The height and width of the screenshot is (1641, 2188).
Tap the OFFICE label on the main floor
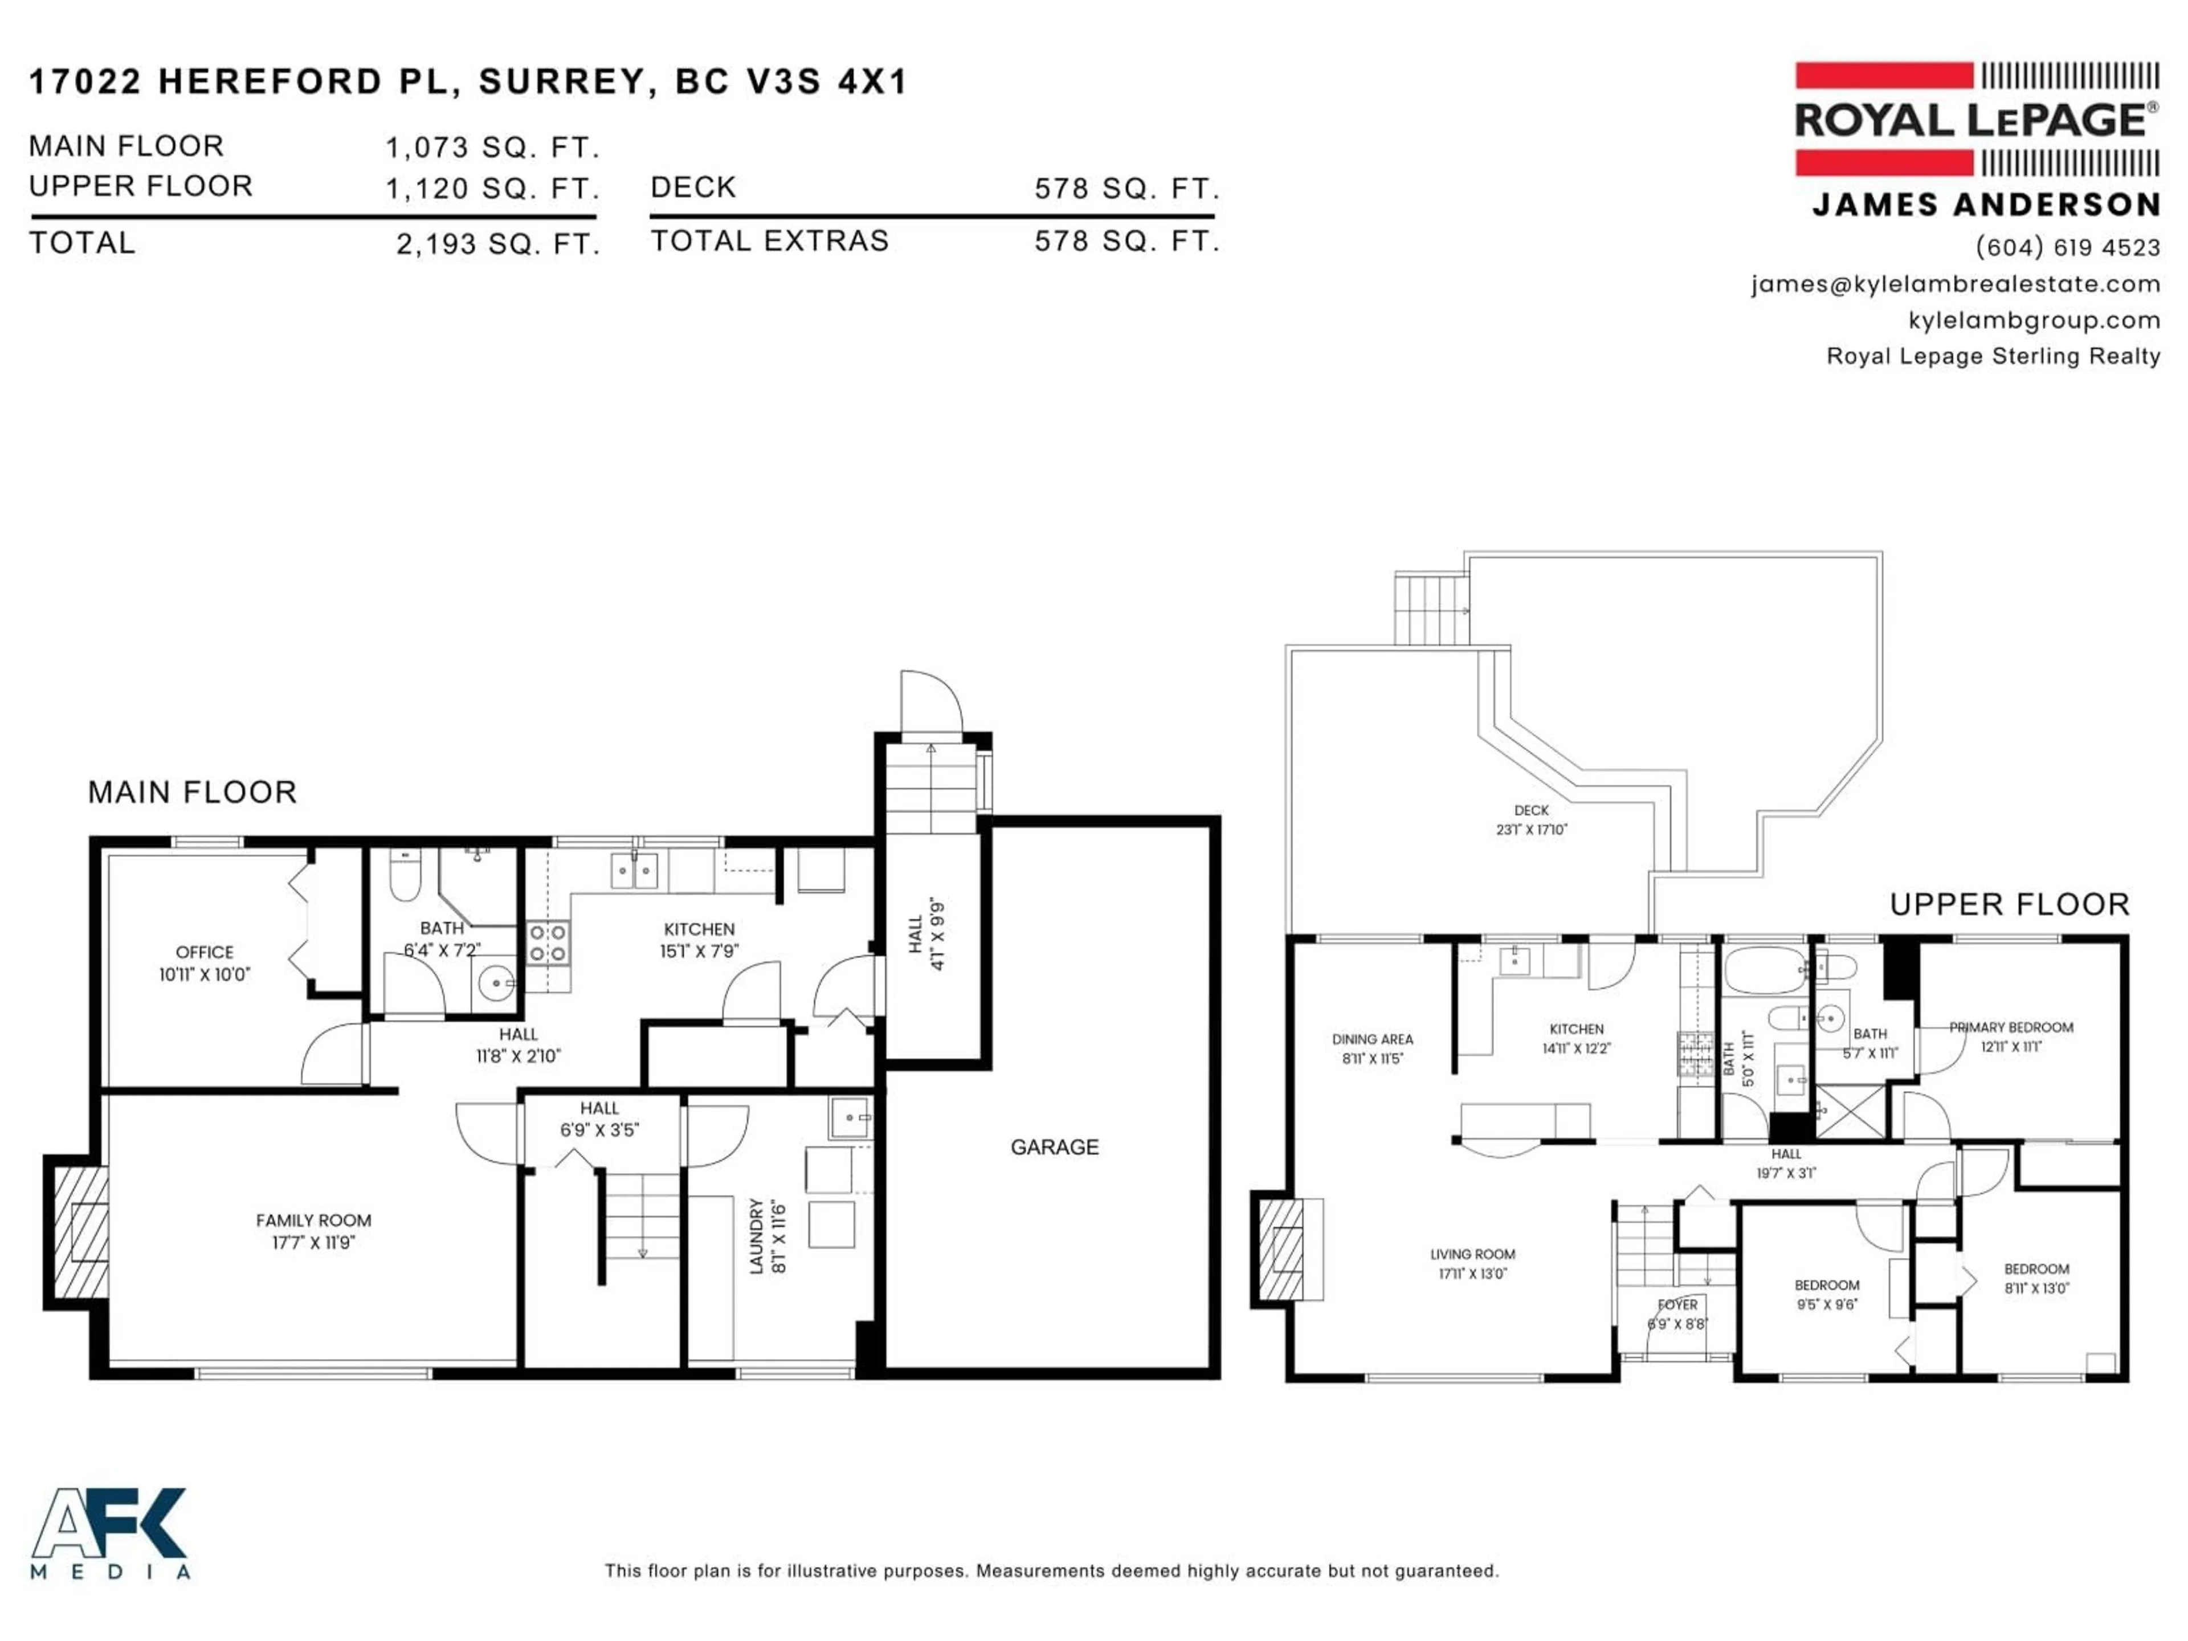(205, 952)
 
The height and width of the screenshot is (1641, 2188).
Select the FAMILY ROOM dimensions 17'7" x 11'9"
(313, 1242)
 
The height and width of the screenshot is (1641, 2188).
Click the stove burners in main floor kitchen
(547, 942)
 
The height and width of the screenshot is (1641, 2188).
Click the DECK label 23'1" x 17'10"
(1530, 820)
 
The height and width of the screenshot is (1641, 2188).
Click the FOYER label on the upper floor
(1677, 1305)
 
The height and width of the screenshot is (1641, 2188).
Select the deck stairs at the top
(1429, 609)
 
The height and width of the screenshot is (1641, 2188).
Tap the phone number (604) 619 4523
(2067, 247)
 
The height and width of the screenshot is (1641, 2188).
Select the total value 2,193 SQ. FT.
(497, 244)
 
